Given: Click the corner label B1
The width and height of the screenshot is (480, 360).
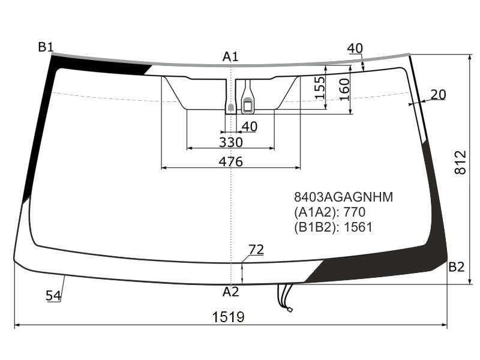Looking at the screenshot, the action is coord(46,47).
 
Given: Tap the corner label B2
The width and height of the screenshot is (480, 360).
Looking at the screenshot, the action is coord(457,267).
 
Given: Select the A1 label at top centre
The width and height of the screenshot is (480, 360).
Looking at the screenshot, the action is coord(230,56).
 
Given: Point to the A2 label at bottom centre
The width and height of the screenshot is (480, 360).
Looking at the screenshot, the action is coord(230,292).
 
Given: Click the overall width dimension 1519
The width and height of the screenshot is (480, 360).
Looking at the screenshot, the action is coord(229,317).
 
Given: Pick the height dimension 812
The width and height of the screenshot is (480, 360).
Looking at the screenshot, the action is coord(460,162).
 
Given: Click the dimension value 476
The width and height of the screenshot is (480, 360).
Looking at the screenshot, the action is coord(230,161).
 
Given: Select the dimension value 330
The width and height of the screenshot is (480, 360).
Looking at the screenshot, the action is coord(231,142).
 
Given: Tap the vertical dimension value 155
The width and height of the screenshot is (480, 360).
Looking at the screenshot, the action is coord(320,88).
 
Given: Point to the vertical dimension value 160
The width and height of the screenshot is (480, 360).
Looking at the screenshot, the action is coord(344,89).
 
